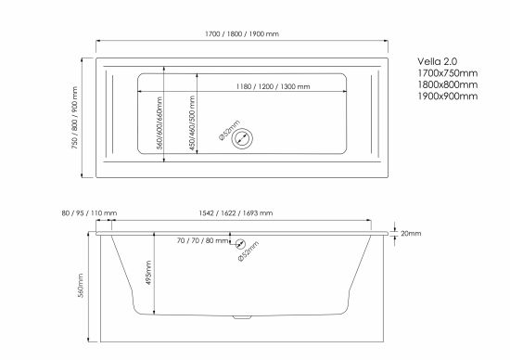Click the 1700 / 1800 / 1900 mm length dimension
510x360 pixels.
pyautogui.click(x=242, y=33)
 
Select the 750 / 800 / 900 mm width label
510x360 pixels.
pyautogui.click(x=75, y=118)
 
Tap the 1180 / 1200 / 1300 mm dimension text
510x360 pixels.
pyautogui.click(x=273, y=86)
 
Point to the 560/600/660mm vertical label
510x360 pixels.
pyautogui.click(x=159, y=122)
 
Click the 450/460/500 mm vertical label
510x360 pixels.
pyautogui.click(x=192, y=123)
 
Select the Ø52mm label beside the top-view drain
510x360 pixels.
pyautogui.click(x=229, y=130)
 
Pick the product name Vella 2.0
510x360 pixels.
pyautogui.click(x=437, y=61)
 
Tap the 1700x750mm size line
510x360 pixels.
pyautogui.click(x=448, y=73)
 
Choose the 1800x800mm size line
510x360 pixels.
pyautogui.click(x=448, y=84)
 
